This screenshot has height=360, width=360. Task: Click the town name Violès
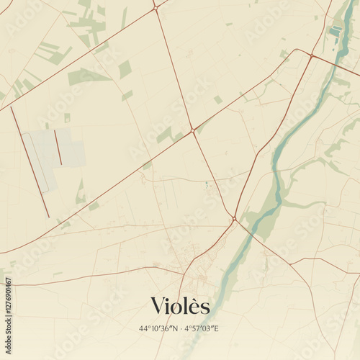[180, 306]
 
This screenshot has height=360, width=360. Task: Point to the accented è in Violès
[194, 306]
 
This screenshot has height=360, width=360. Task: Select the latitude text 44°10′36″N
[160, 329]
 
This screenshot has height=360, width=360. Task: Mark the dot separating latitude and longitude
[181, 329]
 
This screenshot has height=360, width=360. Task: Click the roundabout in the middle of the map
[192, 130]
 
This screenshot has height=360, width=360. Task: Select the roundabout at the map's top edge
[155, 7]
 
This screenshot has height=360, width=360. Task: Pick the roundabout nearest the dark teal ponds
[312, 55]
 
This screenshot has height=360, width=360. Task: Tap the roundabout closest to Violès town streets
[234, 218]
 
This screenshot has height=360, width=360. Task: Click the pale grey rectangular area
[54, 155]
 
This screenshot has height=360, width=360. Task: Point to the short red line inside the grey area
[58, 147]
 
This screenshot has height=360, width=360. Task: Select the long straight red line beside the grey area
[30, 162]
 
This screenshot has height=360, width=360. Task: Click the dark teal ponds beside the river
[336, 30]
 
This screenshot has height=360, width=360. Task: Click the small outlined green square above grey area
[67, 117]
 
